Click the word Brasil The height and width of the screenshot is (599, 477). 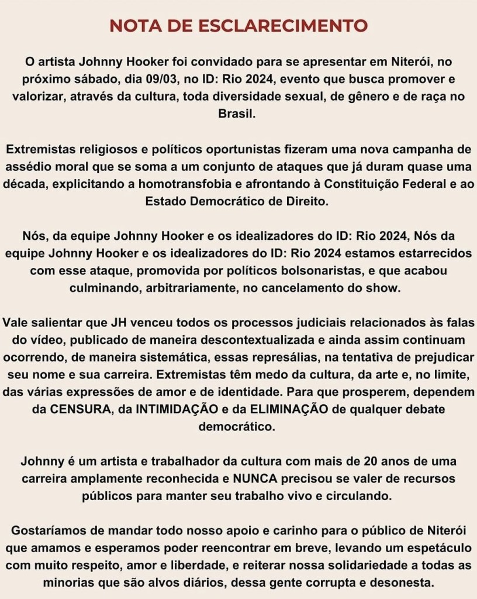click(x=238, y=115)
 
